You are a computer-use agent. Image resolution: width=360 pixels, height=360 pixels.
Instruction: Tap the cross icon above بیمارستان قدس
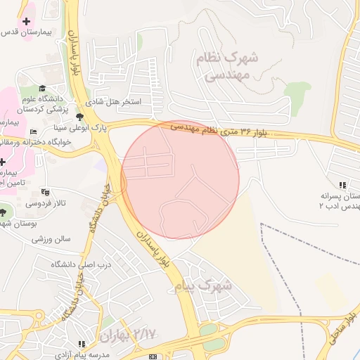coord(27,22)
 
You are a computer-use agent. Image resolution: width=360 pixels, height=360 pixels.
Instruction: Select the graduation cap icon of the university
coord(42,88)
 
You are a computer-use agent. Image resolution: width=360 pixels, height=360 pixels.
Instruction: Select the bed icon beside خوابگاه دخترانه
coord(33,132)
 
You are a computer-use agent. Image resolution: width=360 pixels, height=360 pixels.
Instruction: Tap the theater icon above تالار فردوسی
coord(46,191)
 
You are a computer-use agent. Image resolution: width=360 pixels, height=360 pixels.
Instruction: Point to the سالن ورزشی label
coord(51,238)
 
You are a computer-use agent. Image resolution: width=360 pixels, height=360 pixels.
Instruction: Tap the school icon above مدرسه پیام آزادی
coord(82,344)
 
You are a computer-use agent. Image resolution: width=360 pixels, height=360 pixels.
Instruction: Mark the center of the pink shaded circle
coord(180,180)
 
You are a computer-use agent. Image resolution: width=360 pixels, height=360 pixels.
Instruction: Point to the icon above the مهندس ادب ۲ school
coord(342,184)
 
